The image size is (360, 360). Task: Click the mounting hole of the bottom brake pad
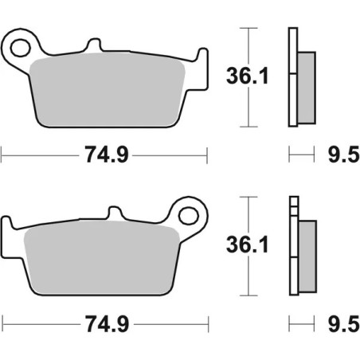click(190, 214)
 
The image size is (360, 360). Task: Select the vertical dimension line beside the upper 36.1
click(251, 77)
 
